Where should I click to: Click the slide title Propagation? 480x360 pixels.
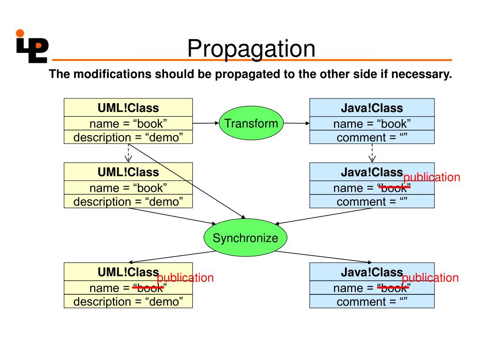click(x=251, y=49)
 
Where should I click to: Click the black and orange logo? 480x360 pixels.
click(x=32, y=46)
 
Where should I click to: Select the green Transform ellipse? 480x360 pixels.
click(x=251, y=123)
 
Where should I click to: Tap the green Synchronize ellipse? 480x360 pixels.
click(x=245, y=238)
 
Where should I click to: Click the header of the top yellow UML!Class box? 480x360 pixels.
click(x=128, y=108)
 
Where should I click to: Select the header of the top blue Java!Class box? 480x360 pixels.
click(x=372, y=108)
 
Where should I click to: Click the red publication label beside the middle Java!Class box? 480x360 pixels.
click(x=432, y=177)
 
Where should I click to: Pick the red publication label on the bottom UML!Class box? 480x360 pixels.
click(x=185, y=277)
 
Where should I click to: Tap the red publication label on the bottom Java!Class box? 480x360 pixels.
click(x=430, y=277)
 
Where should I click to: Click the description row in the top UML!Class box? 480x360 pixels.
click(x=128, y=137)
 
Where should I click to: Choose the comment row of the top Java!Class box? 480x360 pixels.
click(x=372, y=137)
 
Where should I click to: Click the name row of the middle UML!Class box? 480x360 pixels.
click(x=128, y=187)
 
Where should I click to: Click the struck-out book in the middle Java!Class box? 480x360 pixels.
click(x=394, y=187)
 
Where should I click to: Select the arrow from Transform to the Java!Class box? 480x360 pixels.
click(x=296, y=123)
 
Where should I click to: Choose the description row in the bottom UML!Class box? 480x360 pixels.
click(x=128, y=301)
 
